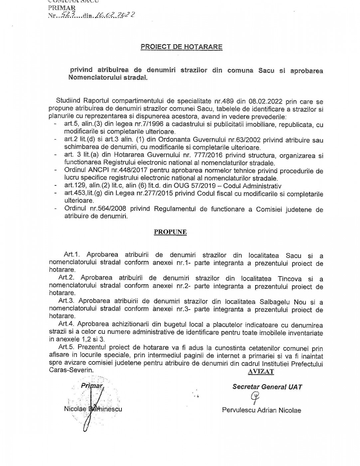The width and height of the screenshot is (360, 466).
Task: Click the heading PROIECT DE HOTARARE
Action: tap(181, 47)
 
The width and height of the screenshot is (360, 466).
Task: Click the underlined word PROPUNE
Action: tap(170, 232)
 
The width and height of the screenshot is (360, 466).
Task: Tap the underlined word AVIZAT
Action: tap(261, 372)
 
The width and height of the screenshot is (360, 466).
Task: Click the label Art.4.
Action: tap(65, 325)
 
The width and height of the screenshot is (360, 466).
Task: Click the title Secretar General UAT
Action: tap(267, 387)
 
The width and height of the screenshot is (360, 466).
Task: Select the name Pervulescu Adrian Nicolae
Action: tap(262, 410)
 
